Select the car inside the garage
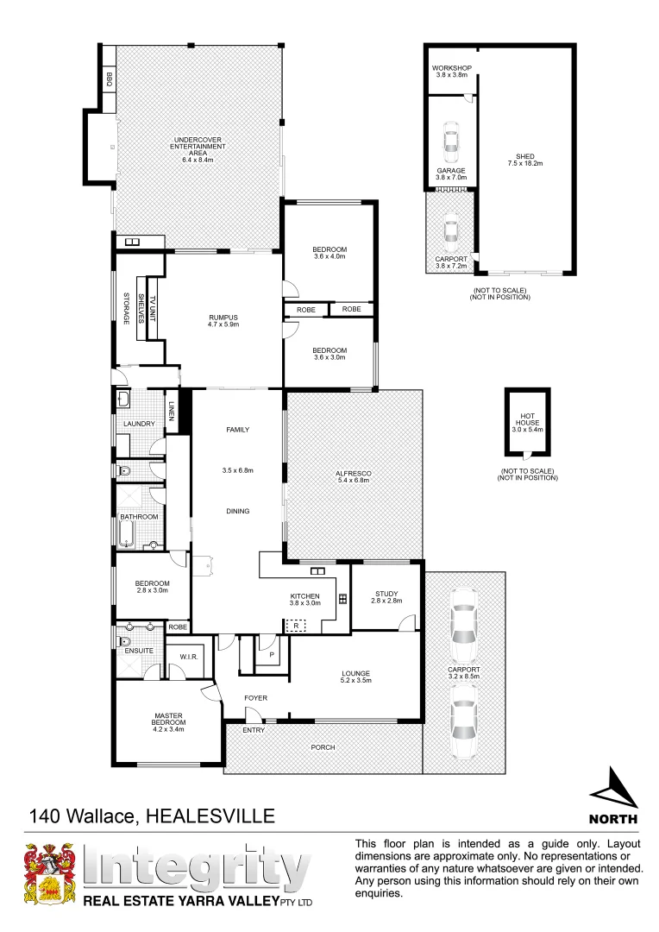click(x=450, y=142)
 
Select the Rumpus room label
click(x=223, y=318)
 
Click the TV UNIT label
click(x=154, y=310)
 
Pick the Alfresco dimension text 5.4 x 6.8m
click(x=354, y=480)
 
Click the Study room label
click(x=386, y=593)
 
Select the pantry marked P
click(x=273, y=654)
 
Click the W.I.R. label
click(x=190, y=658)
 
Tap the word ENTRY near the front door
click(x=254, y=730)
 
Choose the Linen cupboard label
click(x=173, y=415)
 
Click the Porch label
click(x=323, y=747)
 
